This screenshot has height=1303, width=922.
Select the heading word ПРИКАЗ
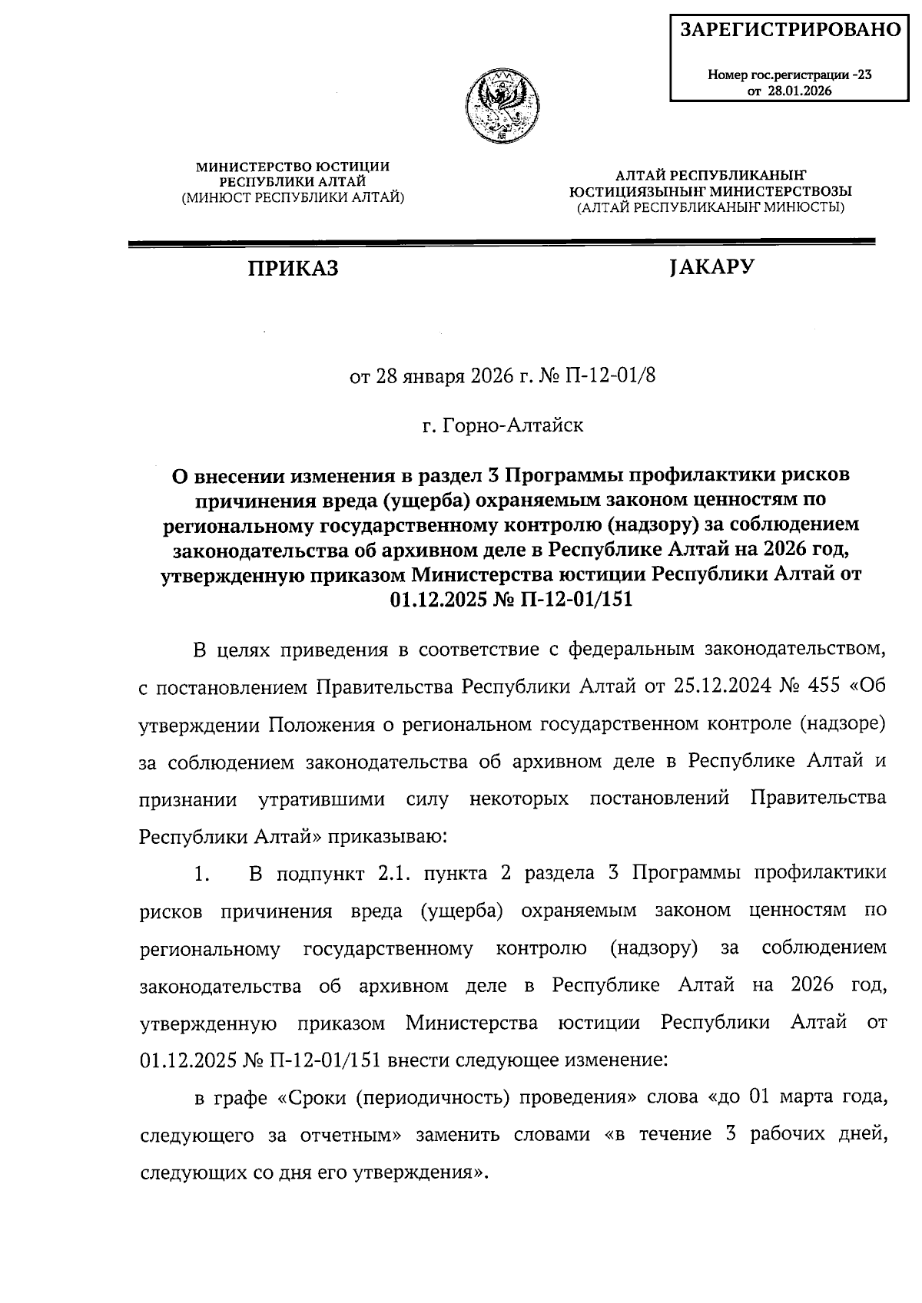[293, 269]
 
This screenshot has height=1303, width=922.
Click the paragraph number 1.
[202, 873]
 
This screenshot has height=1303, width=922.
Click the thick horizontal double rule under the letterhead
[502, 243]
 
